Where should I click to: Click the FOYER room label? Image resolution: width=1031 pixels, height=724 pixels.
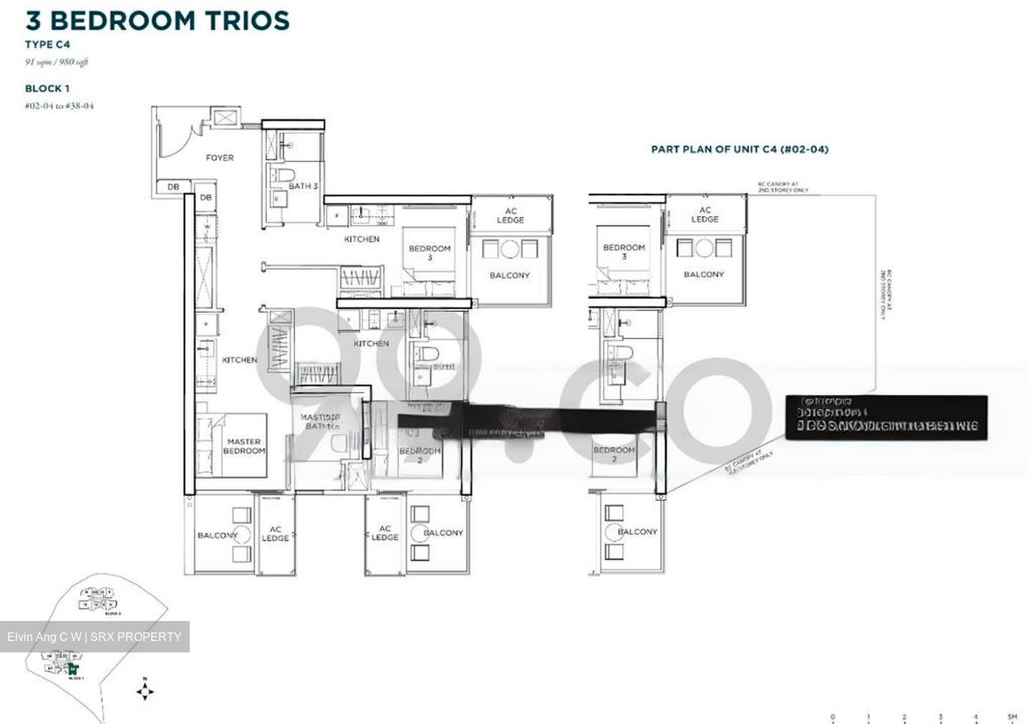click(219, 157)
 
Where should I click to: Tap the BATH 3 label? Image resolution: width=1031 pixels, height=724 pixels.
click(303, 186)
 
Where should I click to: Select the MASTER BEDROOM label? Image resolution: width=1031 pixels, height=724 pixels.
click(243, 446)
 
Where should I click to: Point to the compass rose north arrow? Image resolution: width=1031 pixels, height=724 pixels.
click(145, 691)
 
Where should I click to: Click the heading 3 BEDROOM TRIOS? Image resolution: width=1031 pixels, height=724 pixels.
click(158, 20)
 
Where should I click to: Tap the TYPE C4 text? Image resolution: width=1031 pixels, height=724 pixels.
click(47, 44)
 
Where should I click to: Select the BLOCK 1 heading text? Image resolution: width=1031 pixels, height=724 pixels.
click(47, 89)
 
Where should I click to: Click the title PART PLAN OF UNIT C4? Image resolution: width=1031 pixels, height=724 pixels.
click(740, 150)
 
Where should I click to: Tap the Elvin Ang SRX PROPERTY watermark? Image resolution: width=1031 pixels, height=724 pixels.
click(95, 637)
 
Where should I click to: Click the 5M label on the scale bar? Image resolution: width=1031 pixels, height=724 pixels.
click(1011, 717)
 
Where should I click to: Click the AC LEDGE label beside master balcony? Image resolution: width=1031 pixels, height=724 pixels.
click(275, 534)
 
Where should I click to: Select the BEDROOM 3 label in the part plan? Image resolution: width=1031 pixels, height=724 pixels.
click(624, 251)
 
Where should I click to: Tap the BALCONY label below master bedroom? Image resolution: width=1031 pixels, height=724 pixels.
click(217, 535)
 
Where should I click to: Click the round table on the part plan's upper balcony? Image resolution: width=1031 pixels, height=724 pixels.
click(704, 248)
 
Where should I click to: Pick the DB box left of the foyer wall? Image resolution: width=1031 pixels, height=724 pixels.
click(173, 187)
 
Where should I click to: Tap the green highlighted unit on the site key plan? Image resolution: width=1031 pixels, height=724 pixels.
click(72, 670)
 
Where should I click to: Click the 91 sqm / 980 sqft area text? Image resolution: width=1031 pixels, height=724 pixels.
click(57, 62)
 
